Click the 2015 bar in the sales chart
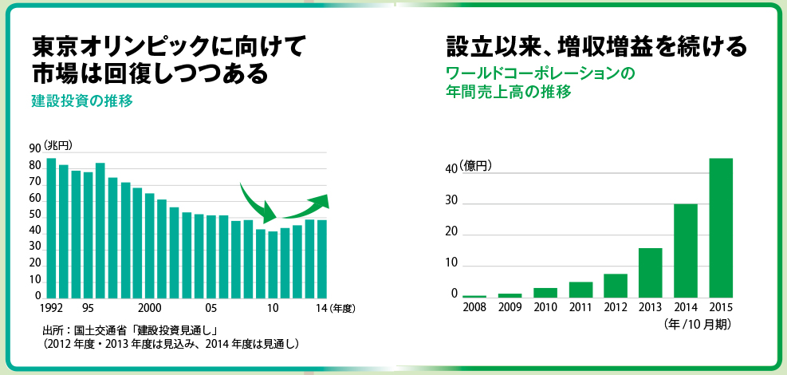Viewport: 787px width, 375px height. pos(721,227)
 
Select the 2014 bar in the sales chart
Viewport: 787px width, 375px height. pos(686,251)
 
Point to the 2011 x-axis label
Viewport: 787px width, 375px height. pos(580,306)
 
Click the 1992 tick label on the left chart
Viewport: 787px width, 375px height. pos(50,306)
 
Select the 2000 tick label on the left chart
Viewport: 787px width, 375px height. pos(149,306)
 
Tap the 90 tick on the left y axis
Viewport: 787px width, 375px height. pos(34,149)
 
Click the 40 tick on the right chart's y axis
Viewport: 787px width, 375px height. pos(451,169)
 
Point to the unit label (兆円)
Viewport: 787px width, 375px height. pos(57,144)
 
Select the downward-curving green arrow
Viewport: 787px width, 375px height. pos(257,203)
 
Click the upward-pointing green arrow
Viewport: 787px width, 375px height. pos(303,205)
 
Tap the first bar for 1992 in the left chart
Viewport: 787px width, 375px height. pos(51,227)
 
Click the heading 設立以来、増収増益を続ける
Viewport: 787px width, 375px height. pos(596,46)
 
